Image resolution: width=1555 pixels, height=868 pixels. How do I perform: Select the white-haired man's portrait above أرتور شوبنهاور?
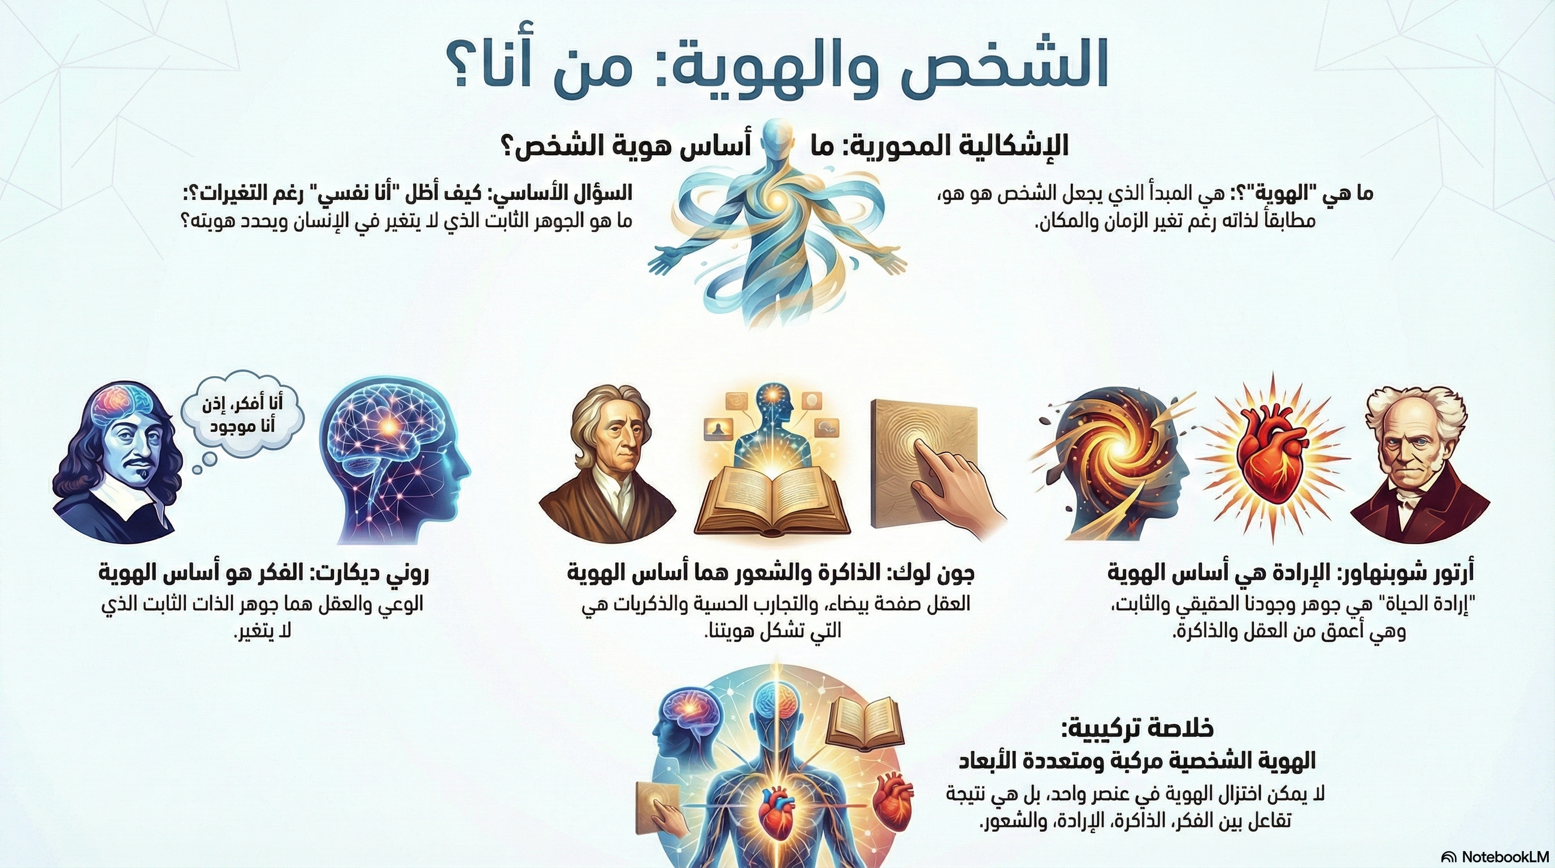(1419, 465)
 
